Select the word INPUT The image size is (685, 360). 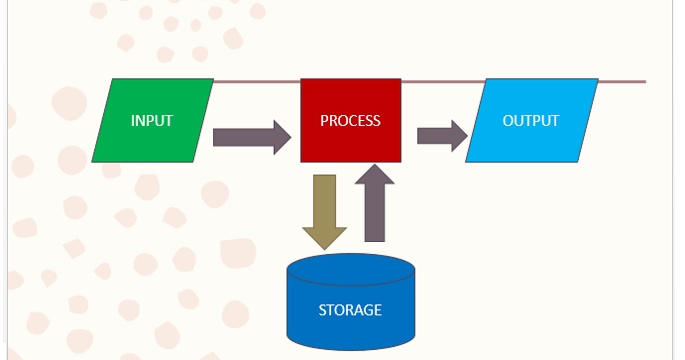pyautogui.click(x=152, y=121)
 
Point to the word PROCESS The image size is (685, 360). pyautogui.click(x=351, y=121)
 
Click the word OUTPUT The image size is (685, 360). pyautogui.click(x=531, y=121)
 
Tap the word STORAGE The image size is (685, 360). pyautogui.click(x=350, y=310)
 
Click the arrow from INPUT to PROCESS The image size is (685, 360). pyautogui.click(x=248, y=136)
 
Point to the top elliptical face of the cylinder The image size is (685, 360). pyautogui.click(x=350, y=270)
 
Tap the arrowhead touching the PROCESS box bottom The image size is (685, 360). pyautogui.click(x=374, y=176)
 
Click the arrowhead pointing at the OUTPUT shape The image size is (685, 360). pyautogui.click(x=458, y=136)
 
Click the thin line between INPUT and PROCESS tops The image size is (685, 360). pyautogui.click(x=258, y=79)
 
